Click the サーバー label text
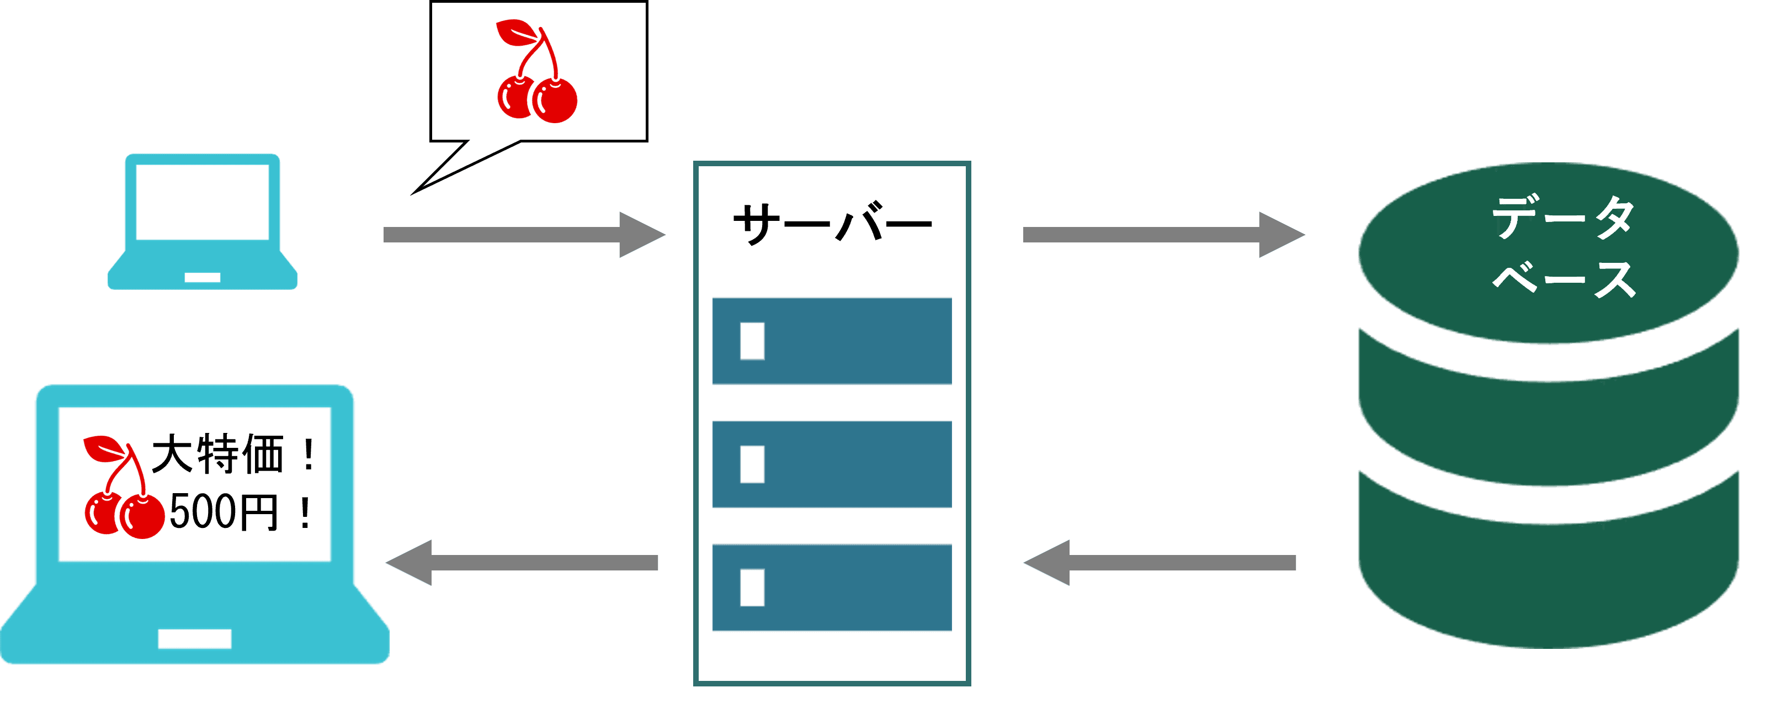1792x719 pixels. [x=832, y=224]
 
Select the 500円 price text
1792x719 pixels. [x=224, y=512]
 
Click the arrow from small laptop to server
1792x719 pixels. [x=523, y=235]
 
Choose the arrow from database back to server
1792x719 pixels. [x=1160, y=562]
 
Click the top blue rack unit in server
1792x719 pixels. [x=832, y=341]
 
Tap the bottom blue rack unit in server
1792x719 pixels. [x=832, y=588]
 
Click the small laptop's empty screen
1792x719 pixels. [x=203, y=202]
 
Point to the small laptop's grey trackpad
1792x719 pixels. [x=203, y=277]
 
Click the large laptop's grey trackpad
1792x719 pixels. [x=195, y=638]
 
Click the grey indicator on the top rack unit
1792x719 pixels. [x=752, y=341]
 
